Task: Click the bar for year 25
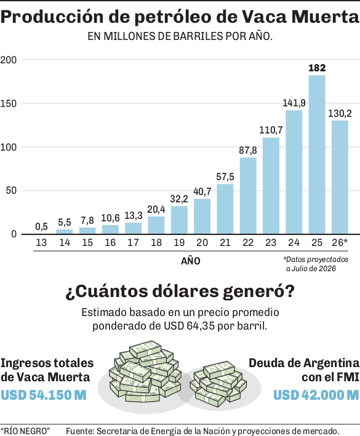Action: point(317,154)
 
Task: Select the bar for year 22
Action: point(248,196)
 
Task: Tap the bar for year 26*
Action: point(340,177)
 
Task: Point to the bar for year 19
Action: point(179,220)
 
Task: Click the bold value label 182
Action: point(317,68)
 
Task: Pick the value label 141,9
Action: point(294,103)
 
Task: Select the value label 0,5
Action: point(41,227)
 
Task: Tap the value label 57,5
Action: point(225,176)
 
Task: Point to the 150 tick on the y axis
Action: point(9,103)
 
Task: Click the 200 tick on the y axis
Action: point(9,60)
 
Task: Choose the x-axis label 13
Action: point(41,242)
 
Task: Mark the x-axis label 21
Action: point(225,242)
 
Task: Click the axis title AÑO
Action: point(191,261)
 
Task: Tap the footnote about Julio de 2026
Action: point(316,264)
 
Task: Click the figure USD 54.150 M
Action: point(44,395)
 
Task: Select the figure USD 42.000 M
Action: point(316,395)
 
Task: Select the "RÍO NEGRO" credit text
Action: point(25,430)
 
